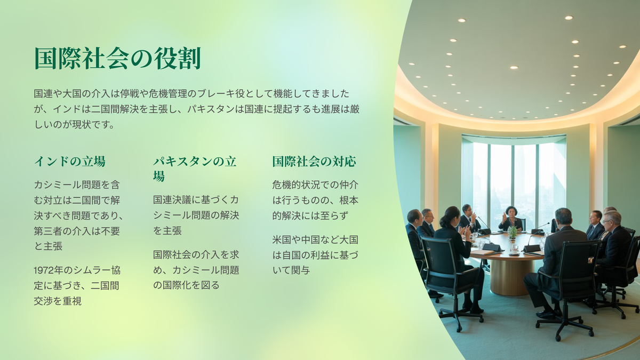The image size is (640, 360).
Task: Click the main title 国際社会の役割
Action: (x=118, y=58)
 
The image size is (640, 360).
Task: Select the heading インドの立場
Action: (x=70, y=162)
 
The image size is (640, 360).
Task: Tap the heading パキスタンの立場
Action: (x=195, y=169)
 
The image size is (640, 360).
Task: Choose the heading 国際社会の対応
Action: (x=314, y=162)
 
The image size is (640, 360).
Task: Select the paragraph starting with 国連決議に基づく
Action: (x=196, y=215)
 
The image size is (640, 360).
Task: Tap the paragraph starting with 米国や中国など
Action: (x=315, y=255)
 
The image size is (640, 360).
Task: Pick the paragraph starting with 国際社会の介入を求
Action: (x=196, y=270)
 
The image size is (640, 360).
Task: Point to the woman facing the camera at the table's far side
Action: (x=511, y=219)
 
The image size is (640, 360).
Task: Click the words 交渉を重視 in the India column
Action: (x=58, y=301)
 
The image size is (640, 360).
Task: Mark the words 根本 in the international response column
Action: (x=349, y=201)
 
